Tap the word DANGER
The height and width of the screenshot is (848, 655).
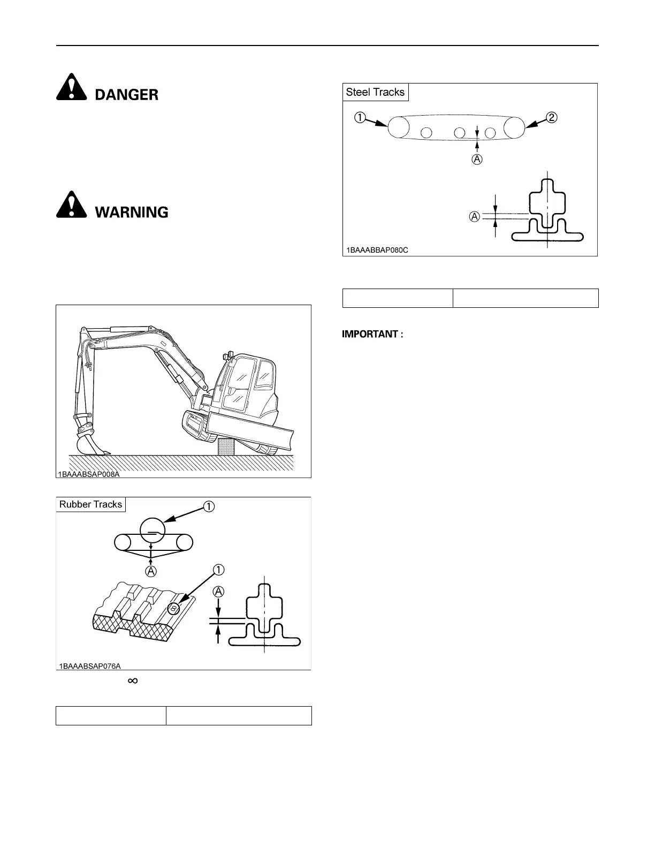click(x=127, y=95)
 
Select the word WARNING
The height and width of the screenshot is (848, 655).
click(x=132, y=213)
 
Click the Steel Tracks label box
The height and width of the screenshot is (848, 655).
click(x=375, y=92)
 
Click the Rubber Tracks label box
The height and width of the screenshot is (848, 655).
click(x=91, y=504)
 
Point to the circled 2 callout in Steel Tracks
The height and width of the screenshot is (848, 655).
click(x=551, y=117)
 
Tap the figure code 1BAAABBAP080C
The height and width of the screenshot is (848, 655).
click(x=377, y=250)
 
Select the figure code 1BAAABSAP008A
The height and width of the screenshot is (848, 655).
click(x=89, y=474)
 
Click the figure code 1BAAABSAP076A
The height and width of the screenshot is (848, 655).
click(x=90, y=666)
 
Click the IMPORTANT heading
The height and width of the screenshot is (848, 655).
click(x=373, y=334)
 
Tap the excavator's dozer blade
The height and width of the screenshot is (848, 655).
click(x=252, y=426)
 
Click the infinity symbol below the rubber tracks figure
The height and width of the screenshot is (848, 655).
click(x=133, y=680)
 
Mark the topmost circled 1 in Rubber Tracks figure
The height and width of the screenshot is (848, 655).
click(x=209, y=505)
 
